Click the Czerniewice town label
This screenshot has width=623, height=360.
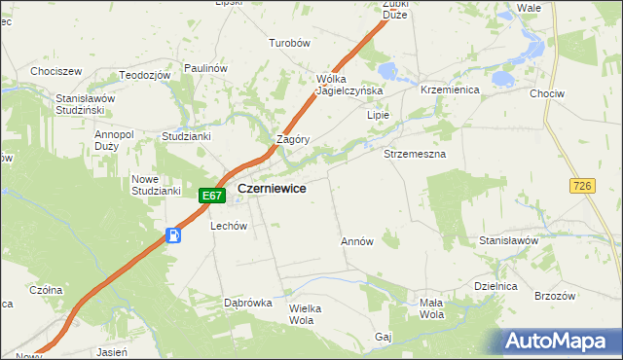[274, 189]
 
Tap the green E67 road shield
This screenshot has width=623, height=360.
[213, 196]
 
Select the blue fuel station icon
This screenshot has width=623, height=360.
[173, 234]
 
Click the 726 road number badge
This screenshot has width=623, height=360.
[583, 185]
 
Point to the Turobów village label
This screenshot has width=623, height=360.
[289, 44]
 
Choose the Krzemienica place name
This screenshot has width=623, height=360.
[446, 89]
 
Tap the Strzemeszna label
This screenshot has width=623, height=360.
[415, 154]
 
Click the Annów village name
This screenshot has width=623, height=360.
[356, 241]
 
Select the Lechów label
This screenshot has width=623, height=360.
[230, 226]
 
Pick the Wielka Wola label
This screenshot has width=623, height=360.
[305, 313]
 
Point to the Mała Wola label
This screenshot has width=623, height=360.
[431, 308]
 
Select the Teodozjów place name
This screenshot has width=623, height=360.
[145, 75]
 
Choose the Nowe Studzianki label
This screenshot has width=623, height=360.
[156, 185]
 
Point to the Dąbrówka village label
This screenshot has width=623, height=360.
[247, 303]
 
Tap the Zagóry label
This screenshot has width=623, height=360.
[293, 139]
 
